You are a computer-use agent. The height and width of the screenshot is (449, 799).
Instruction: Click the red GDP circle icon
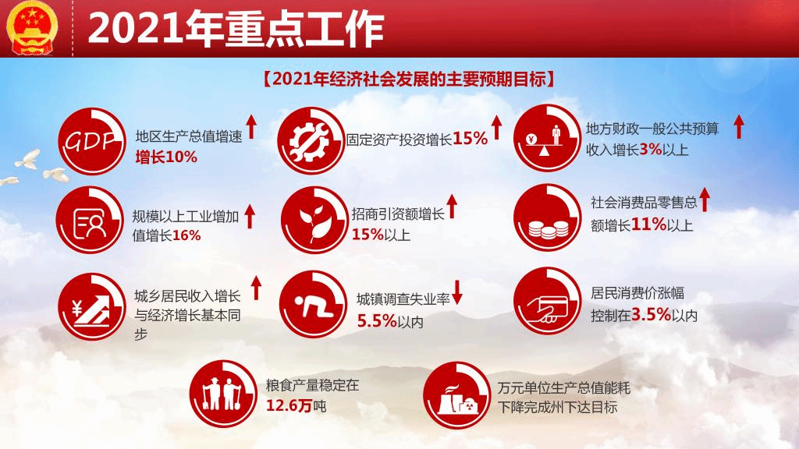tap(92, 142)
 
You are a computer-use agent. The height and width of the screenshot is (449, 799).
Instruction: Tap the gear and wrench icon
tap(311, 141)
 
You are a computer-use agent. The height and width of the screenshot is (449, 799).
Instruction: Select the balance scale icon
tap(547, 139)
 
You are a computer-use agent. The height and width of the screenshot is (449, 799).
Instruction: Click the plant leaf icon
tap(314, 220)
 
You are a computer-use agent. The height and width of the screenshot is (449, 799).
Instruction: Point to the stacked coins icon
tap(547, 218)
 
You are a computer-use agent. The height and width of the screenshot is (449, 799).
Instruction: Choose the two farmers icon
tap(223, 394)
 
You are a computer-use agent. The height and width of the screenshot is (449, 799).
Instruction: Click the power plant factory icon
tap(457, 395)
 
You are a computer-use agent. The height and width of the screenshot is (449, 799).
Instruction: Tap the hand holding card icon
tap(547, 302)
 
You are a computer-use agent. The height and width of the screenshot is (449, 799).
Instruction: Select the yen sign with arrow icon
tap(92, 307)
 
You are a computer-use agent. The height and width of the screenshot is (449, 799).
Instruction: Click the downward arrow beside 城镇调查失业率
tap(457, 292)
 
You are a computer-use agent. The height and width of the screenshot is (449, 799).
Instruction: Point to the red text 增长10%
tap(166, 157)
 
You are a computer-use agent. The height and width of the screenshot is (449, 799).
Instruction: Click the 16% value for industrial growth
tap(186, 235)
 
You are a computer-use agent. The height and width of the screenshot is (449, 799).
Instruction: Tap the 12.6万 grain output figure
tap(289, 405)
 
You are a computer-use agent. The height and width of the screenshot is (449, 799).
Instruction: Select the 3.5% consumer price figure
tap(652, 314)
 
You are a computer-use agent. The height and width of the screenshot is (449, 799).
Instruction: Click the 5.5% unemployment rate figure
tap(377, 320)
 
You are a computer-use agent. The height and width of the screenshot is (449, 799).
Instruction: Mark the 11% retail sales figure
tap(648, 224)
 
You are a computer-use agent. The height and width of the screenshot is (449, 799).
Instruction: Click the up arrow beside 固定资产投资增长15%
tap(497, 127)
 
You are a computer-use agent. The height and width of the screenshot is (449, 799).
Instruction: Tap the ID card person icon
tap(90, 221)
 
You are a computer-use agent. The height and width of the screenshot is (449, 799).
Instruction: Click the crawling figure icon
tap(314, 305)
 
